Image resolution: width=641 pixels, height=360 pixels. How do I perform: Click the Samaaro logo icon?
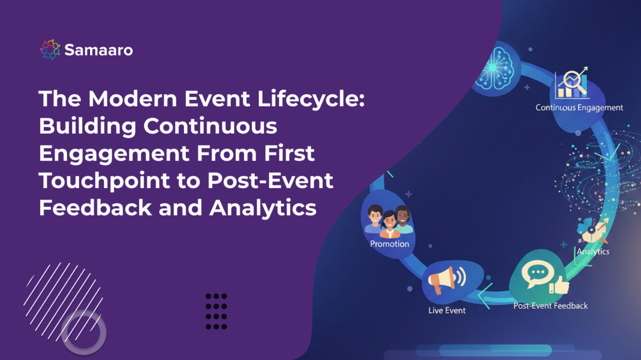pos(50,50)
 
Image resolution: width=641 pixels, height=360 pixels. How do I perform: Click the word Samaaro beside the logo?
pos(99,50)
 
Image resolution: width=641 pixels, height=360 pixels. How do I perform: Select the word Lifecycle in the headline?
pos(311,99)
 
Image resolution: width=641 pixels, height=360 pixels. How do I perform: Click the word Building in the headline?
pos(87,126)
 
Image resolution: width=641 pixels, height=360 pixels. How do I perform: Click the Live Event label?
pos(447,310)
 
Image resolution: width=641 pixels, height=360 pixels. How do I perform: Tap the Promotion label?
pos(389,244)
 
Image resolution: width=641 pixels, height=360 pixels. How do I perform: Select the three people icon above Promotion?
pos(388,221)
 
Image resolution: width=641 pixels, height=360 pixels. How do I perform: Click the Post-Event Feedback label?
pos(550,306)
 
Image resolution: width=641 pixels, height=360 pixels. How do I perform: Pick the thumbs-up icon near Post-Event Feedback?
pos(560,285)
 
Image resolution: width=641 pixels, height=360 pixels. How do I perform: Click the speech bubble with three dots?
pos(537,273)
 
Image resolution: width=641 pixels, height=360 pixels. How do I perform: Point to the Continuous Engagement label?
pos(579,108)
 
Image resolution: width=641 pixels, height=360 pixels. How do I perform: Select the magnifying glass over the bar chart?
pos(574,81)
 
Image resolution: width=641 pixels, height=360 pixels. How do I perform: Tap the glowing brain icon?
pos(495,68)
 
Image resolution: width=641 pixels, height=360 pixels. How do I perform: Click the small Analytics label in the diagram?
pos(593,251)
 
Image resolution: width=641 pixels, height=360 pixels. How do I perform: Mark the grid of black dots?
pos(216,312)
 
